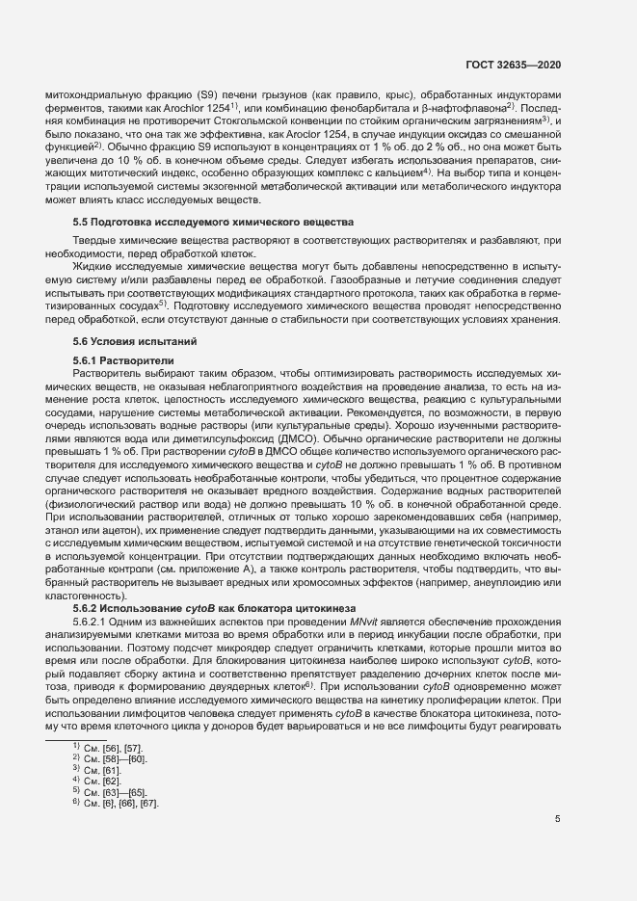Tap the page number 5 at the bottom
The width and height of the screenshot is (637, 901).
click(x=558, y=819)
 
